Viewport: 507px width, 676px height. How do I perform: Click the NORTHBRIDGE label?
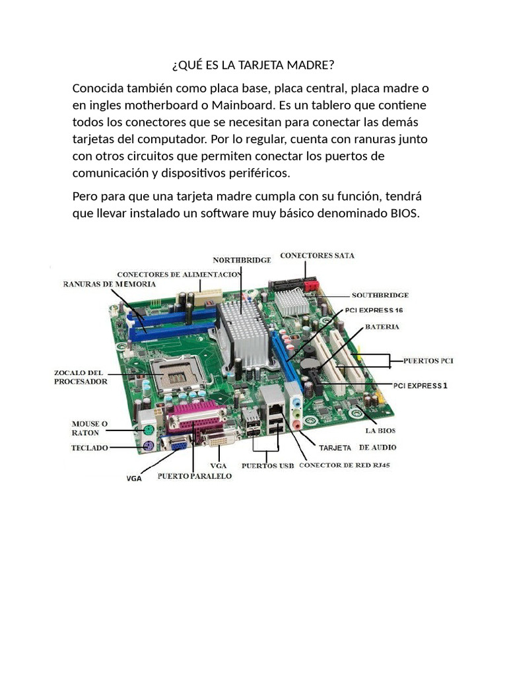point(242,260)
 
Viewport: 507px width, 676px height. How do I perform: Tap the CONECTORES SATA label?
point(318,255)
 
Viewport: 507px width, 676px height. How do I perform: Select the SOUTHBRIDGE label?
point(380,295)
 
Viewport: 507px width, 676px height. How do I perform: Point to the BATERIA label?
point(382,327)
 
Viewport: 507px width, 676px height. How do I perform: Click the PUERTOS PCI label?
point(428,361)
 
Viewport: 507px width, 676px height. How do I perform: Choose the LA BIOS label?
point(380,430)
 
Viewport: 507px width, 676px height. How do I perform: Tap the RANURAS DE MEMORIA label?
point(110,284)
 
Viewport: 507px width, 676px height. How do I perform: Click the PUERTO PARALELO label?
point(195,476)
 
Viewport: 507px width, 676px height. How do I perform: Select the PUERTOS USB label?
point(268,465)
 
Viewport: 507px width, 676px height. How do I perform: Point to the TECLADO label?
point(90,448)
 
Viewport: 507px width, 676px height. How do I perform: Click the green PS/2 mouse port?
point(147,430)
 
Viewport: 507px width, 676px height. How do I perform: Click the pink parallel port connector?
point(196,417)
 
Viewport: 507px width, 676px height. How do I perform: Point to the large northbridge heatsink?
point(244,333)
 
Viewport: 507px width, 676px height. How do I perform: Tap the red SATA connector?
point(310,286)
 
